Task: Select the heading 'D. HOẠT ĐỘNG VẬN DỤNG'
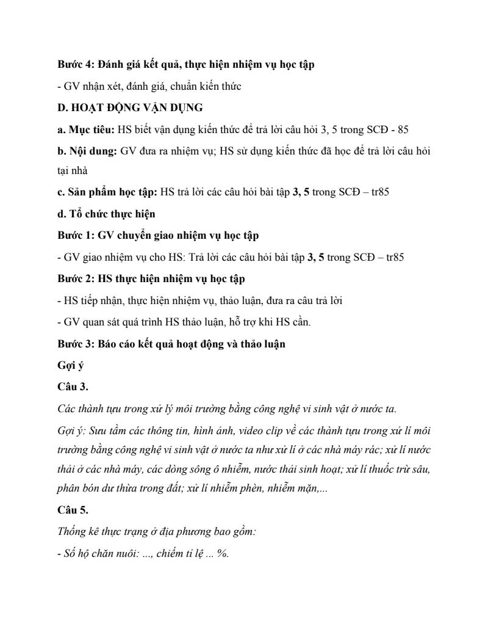point(130,107)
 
